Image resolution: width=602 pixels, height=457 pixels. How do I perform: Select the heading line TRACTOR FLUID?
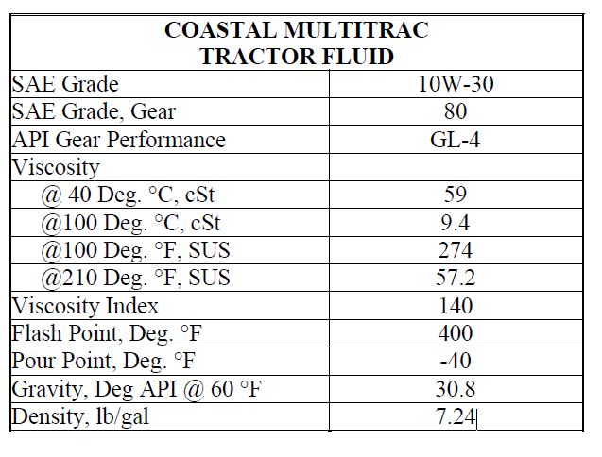pos(297,56)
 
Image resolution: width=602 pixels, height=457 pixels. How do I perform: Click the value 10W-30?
pos(456,84)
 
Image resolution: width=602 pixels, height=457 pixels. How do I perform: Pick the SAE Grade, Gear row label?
pos(94,111)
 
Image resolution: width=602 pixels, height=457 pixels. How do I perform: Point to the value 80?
pos(456,111)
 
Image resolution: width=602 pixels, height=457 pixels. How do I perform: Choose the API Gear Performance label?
pos(119,140)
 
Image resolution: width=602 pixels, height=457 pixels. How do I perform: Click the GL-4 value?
pos(456,140)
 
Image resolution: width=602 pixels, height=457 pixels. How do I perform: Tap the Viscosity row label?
pos(56,167)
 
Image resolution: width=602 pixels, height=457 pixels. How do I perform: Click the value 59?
pos(456,195)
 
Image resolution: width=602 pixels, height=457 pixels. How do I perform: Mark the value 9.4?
pos(456,223)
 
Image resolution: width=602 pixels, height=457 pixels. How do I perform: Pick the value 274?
pos(456,250)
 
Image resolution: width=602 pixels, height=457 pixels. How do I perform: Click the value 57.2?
pos(456,279)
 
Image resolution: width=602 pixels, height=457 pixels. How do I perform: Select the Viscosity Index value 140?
pos(456,306)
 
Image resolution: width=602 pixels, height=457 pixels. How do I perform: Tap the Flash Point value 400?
pos(456,333)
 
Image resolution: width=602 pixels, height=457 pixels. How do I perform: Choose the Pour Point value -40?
pos(456,361)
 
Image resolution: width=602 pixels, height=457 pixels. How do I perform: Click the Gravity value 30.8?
pos(456,389)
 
